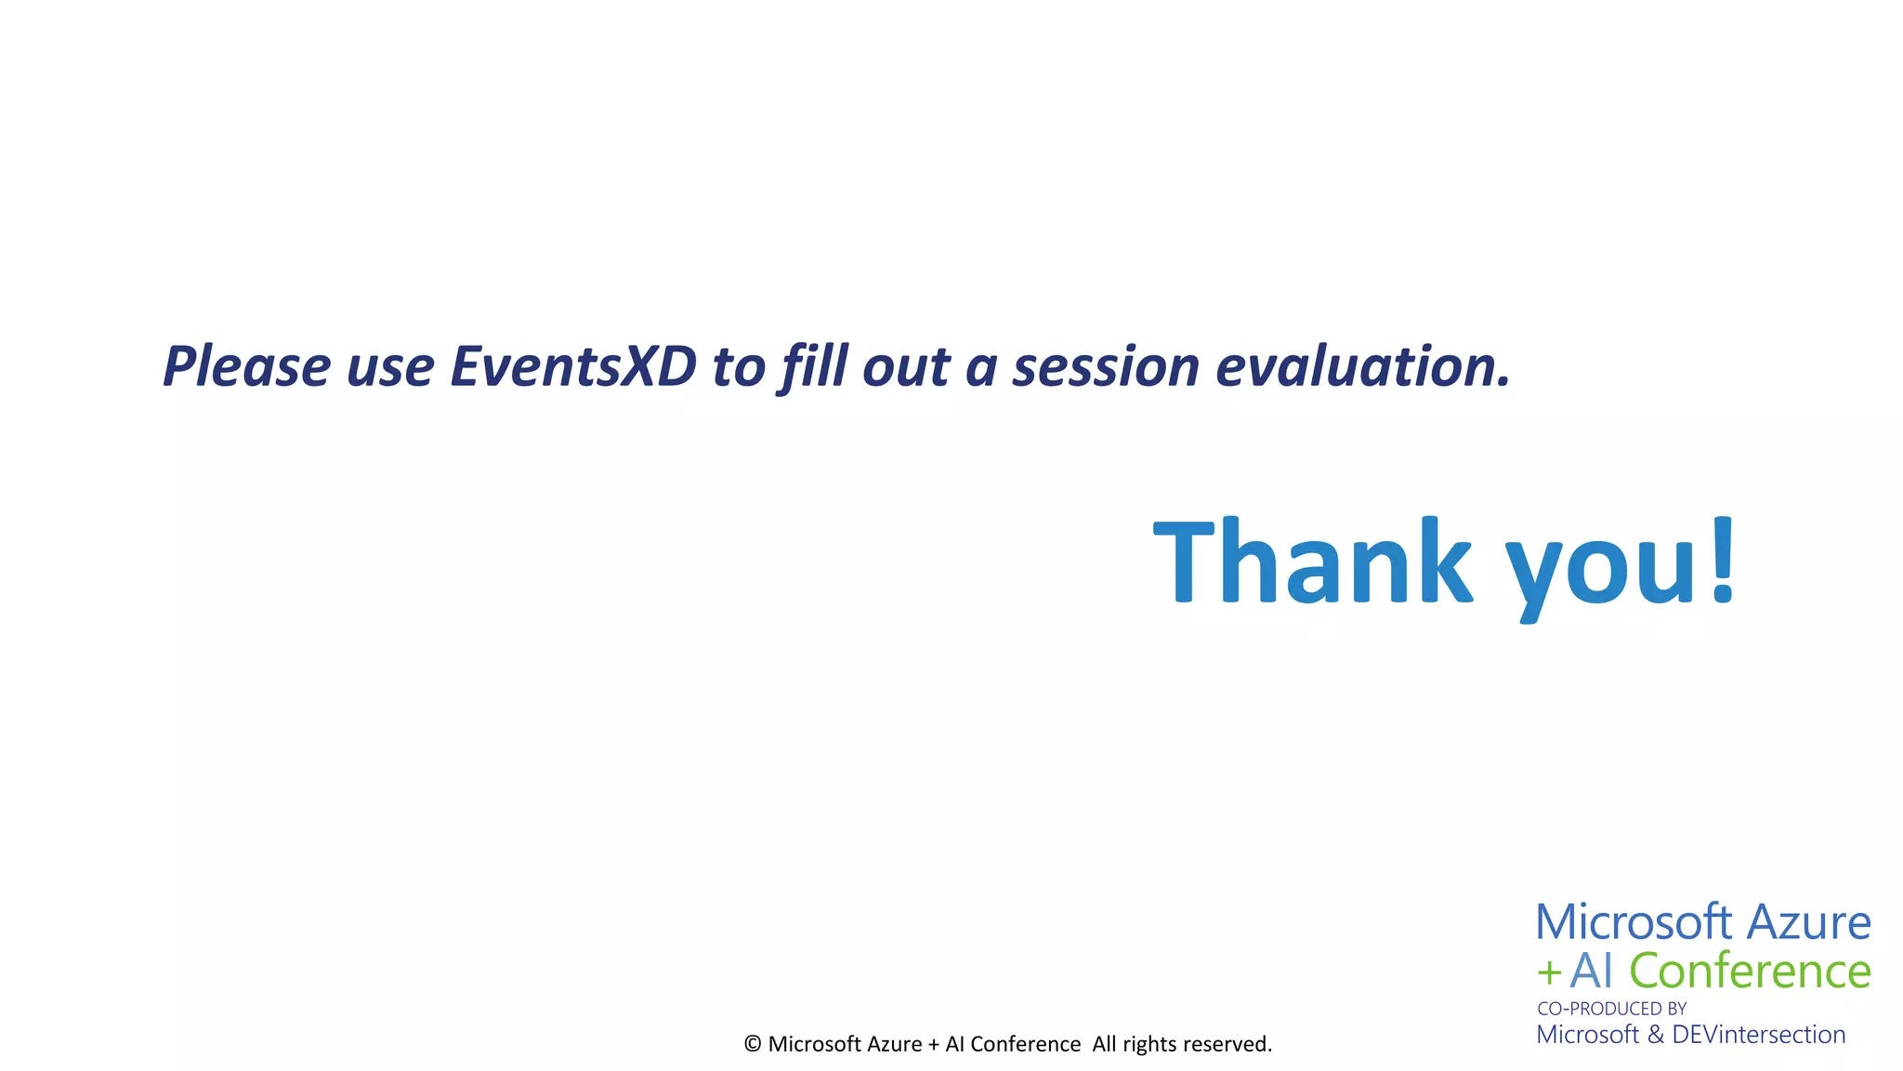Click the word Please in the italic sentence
(x=246, y=366)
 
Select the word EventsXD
(x=572, y=366)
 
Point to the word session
(x=1107, y=366)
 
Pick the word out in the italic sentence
(x=906, y=366)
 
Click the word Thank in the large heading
(x=1311, y=562)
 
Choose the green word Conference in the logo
(x=1750, y=972)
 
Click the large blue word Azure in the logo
(x=1808, y=922)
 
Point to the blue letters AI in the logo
(x=1591, y=972)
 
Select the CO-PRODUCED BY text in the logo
(x=1611, y=1009)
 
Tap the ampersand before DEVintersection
(x=1655, y=1035)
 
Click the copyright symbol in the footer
(x=753, y=1044)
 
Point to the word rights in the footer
(x=1149, y=1044)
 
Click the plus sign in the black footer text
(x=934, y=1045)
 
